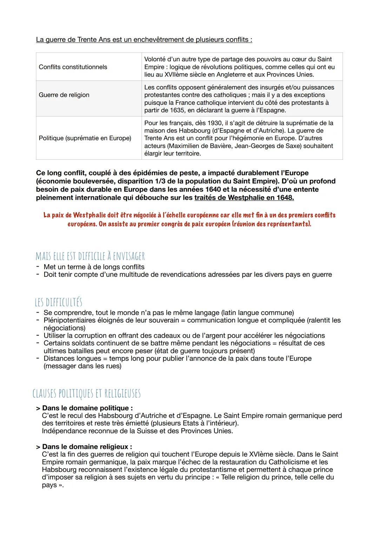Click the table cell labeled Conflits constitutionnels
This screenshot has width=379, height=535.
[x=73, y=67]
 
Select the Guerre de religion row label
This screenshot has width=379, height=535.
[x=64, y=95]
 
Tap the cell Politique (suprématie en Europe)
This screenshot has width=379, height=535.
[x=85, y=138]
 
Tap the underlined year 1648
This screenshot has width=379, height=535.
[x=285, y=198]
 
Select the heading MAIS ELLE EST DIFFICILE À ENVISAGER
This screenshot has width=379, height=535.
[x=90, y=256]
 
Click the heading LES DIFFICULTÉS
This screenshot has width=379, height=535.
[x=58, y=302]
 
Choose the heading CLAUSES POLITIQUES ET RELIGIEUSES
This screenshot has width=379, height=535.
[x=86, y=394]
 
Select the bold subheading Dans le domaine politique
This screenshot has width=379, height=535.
[x=87, y=408]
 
